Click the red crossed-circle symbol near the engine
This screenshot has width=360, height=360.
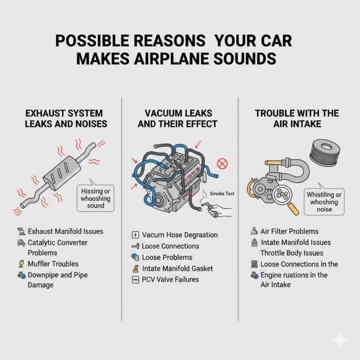223,163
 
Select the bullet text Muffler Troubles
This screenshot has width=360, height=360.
53,264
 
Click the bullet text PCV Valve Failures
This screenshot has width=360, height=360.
170,280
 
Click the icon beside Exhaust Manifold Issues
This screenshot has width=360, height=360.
20,232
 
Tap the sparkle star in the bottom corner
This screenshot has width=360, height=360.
340,340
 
